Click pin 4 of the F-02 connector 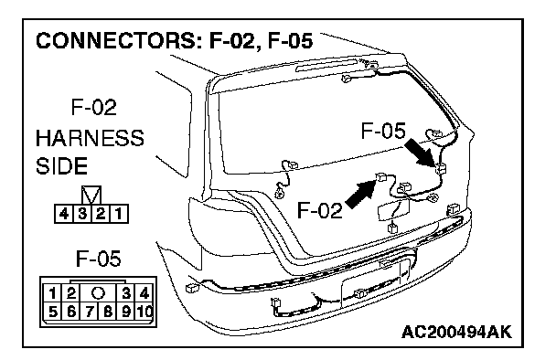tap(64, 214)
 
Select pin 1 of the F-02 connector tap(119, 214)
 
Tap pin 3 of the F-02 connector tap(82, 214)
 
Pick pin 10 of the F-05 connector tap(144, 312)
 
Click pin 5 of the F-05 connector tap(52, 312)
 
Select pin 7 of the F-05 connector tap(90, 312)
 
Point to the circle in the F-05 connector tap(98, 293)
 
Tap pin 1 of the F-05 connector tap(52, 293)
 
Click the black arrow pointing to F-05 tap(420, 152)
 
